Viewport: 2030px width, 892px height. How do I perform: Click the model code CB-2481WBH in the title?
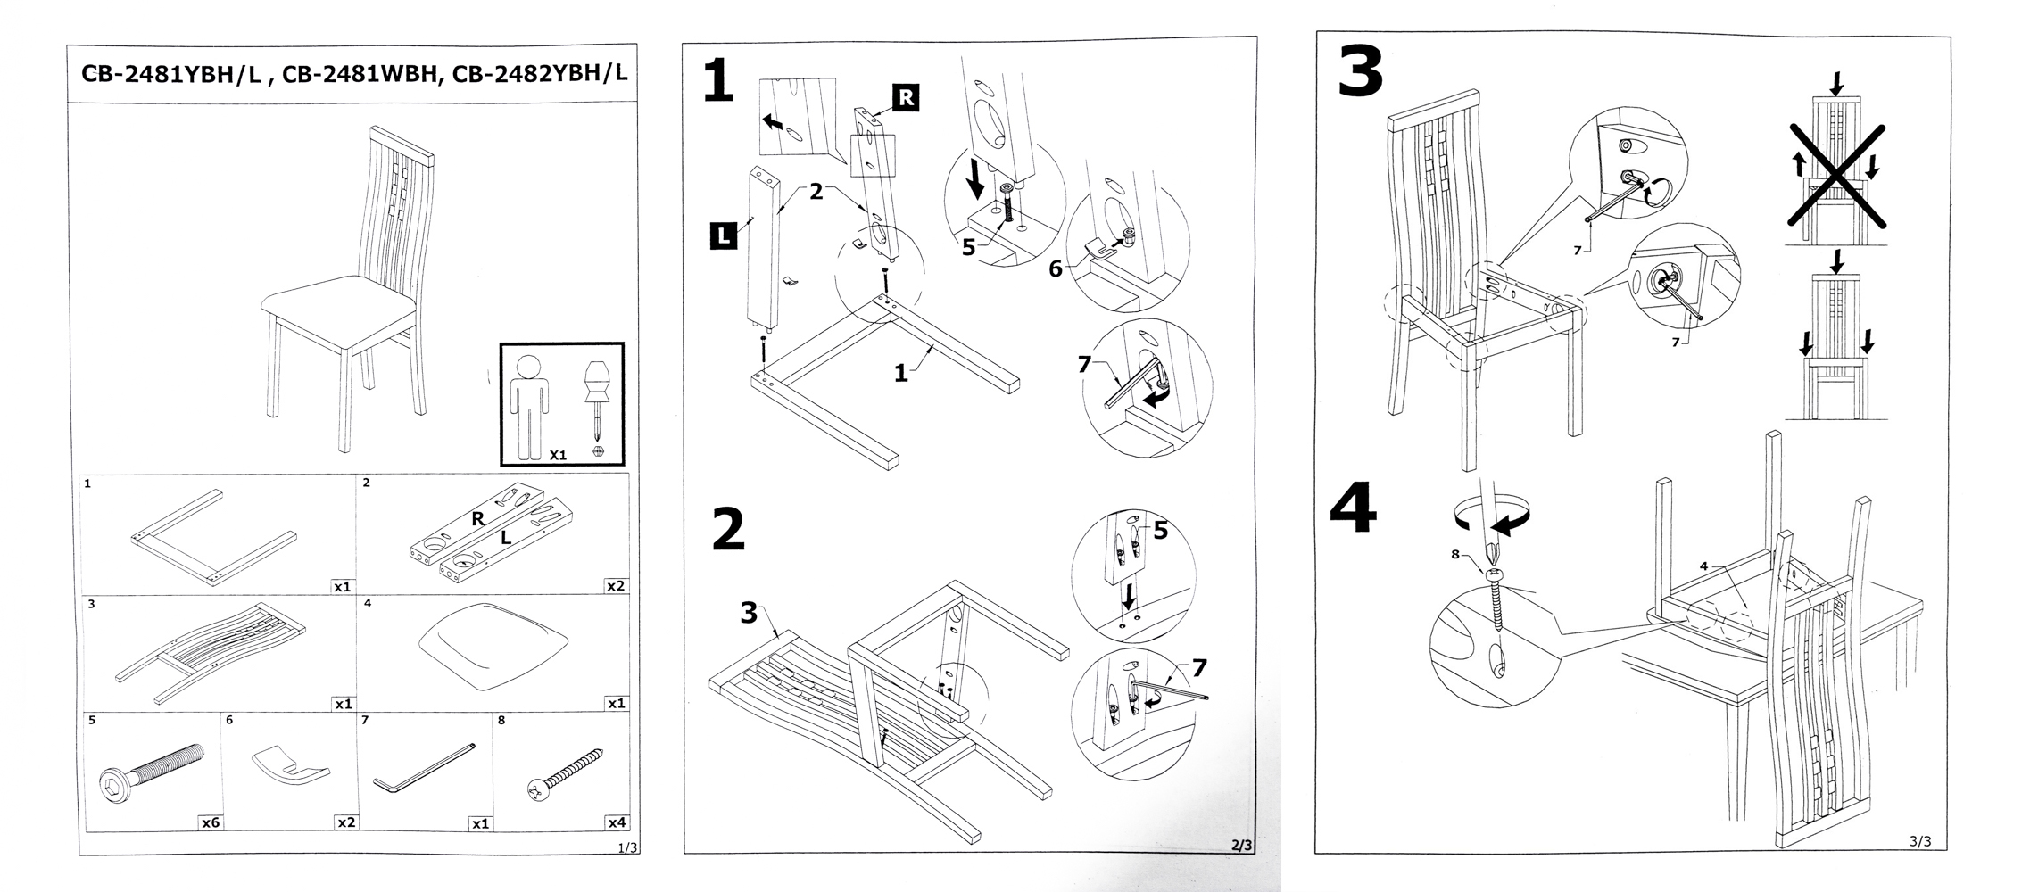click(361, 75)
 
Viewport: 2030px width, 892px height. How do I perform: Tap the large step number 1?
click(717, 81)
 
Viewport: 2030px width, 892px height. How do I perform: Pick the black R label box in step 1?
click(905, 97)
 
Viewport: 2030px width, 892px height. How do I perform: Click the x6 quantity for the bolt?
click(210, 822)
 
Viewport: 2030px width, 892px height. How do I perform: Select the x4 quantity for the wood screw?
click(616, 822)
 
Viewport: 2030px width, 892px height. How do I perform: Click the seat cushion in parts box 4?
click(493, 644)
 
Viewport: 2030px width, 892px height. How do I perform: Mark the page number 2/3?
click(1241, 844)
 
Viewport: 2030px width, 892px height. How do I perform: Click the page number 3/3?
click(1919, 841)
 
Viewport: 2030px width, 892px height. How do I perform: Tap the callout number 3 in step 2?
click(749, 613)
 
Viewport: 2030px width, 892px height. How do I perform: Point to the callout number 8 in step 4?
click(1456, 554)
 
